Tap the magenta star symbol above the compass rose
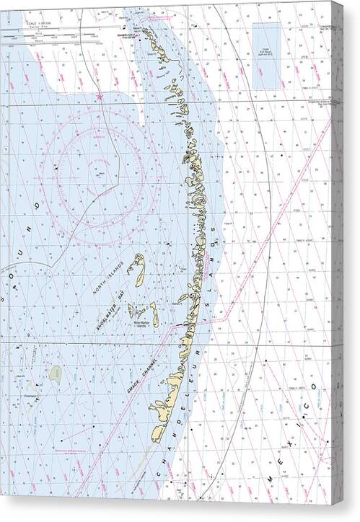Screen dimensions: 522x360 tap(99, 96)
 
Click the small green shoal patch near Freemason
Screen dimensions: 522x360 tap(56, 373)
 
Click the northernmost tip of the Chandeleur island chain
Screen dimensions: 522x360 tap(145, 30)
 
